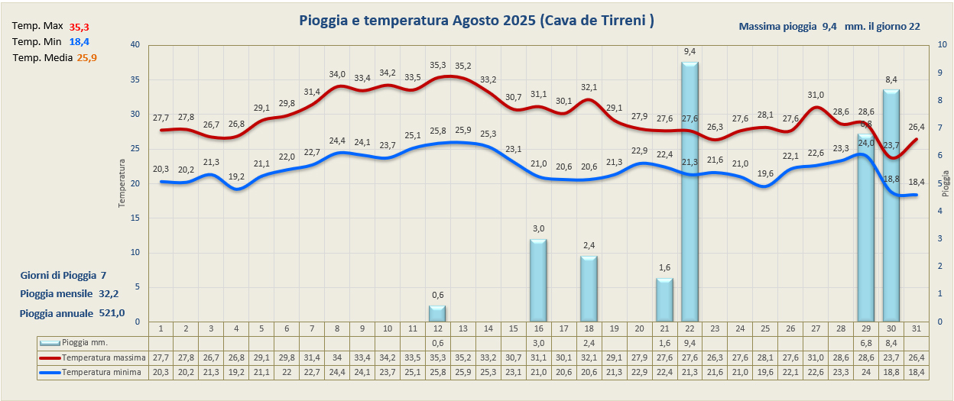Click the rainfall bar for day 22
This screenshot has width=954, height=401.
tap(690, 191)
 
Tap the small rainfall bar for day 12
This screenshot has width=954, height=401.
tap(436, 313)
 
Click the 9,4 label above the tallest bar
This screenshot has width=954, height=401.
tap(690, 51)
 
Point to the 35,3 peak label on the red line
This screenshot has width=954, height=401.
tap(437, 66)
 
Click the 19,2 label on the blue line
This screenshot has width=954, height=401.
tap(236, 176)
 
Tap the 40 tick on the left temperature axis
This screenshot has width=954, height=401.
tap(135, 45)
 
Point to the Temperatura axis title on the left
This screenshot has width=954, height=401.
tap(121, 183)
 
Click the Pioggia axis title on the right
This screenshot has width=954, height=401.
tap(946, 183)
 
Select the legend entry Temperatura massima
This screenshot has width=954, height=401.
tap(102, 357)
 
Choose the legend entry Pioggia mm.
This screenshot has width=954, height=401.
tap(84, 343)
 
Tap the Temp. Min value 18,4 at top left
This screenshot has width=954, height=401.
tap(79, 41)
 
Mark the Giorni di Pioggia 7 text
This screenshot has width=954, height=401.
tap(63, 275)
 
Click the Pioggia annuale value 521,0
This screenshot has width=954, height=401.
tap(112, 313)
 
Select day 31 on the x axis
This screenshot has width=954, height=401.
tap(916, 328)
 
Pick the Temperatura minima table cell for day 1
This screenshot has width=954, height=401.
tap(161, 372)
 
